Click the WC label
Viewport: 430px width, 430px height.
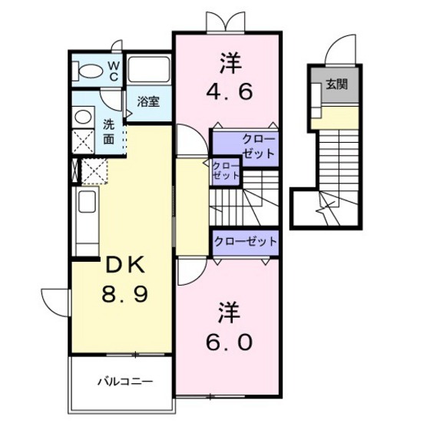(x=114, y=71)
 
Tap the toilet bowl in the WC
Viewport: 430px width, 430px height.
(x=88, y=71)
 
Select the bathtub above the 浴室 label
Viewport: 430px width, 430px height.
(x=148, y=69)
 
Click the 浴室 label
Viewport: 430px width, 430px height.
(x=148, y=101)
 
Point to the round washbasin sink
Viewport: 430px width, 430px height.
(x=83, y=117)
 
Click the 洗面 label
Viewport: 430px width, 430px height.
(x=109, y=132)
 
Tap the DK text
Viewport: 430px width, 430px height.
(x=125, y=265)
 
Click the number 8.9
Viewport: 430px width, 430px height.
(x=124, y=294)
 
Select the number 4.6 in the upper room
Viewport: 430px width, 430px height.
(x=229, y=92)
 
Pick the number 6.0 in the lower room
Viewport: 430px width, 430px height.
(x=229, y=342)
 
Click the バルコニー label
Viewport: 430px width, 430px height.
(x=125, y=382)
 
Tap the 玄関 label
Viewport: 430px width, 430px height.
(x=337, y=84)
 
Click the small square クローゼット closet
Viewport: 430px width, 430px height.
(x=226, y=170)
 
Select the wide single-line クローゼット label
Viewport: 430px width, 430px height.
(x=246, y=242)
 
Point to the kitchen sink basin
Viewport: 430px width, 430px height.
(x=87, y=202)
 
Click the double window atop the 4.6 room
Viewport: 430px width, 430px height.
(x=226, y=22)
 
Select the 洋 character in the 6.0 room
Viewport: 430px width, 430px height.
(x=230, y=313)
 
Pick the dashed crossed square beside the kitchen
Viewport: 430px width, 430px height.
(x=94, y=171)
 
